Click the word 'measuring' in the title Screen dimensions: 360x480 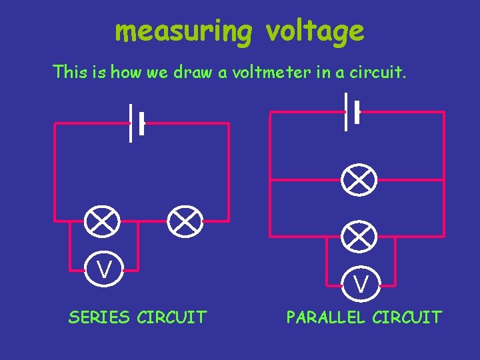pyautogui.click(x=183, y=31)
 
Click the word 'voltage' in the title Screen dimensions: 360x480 pyautogui.click(x=315, y=31)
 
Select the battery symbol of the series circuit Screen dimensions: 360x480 pyautogui.click(x=137, y=123)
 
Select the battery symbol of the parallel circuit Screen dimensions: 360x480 pyautogui.click(x=352, y=112)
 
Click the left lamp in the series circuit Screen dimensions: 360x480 pyautogui.click(x=103, y=221)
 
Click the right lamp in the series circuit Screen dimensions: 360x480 pyautogui.click(x=185, y=221)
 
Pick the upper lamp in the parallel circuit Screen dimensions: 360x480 pyautogui.click(x=360, y=179)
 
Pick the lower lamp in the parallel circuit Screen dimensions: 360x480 pyautogui.click(x=360, y=235)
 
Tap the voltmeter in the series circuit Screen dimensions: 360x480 pyautogui.click(x=103, y=270)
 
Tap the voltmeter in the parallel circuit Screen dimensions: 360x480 pyautogui.click(x=361, y=284)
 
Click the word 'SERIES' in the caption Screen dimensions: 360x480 pyautogui.click(x=99, y=317)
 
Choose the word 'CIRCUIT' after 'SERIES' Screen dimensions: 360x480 pyautogui.click(x=171, y=317)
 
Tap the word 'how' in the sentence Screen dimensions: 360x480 pyautogui.click(x=126, y=72)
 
